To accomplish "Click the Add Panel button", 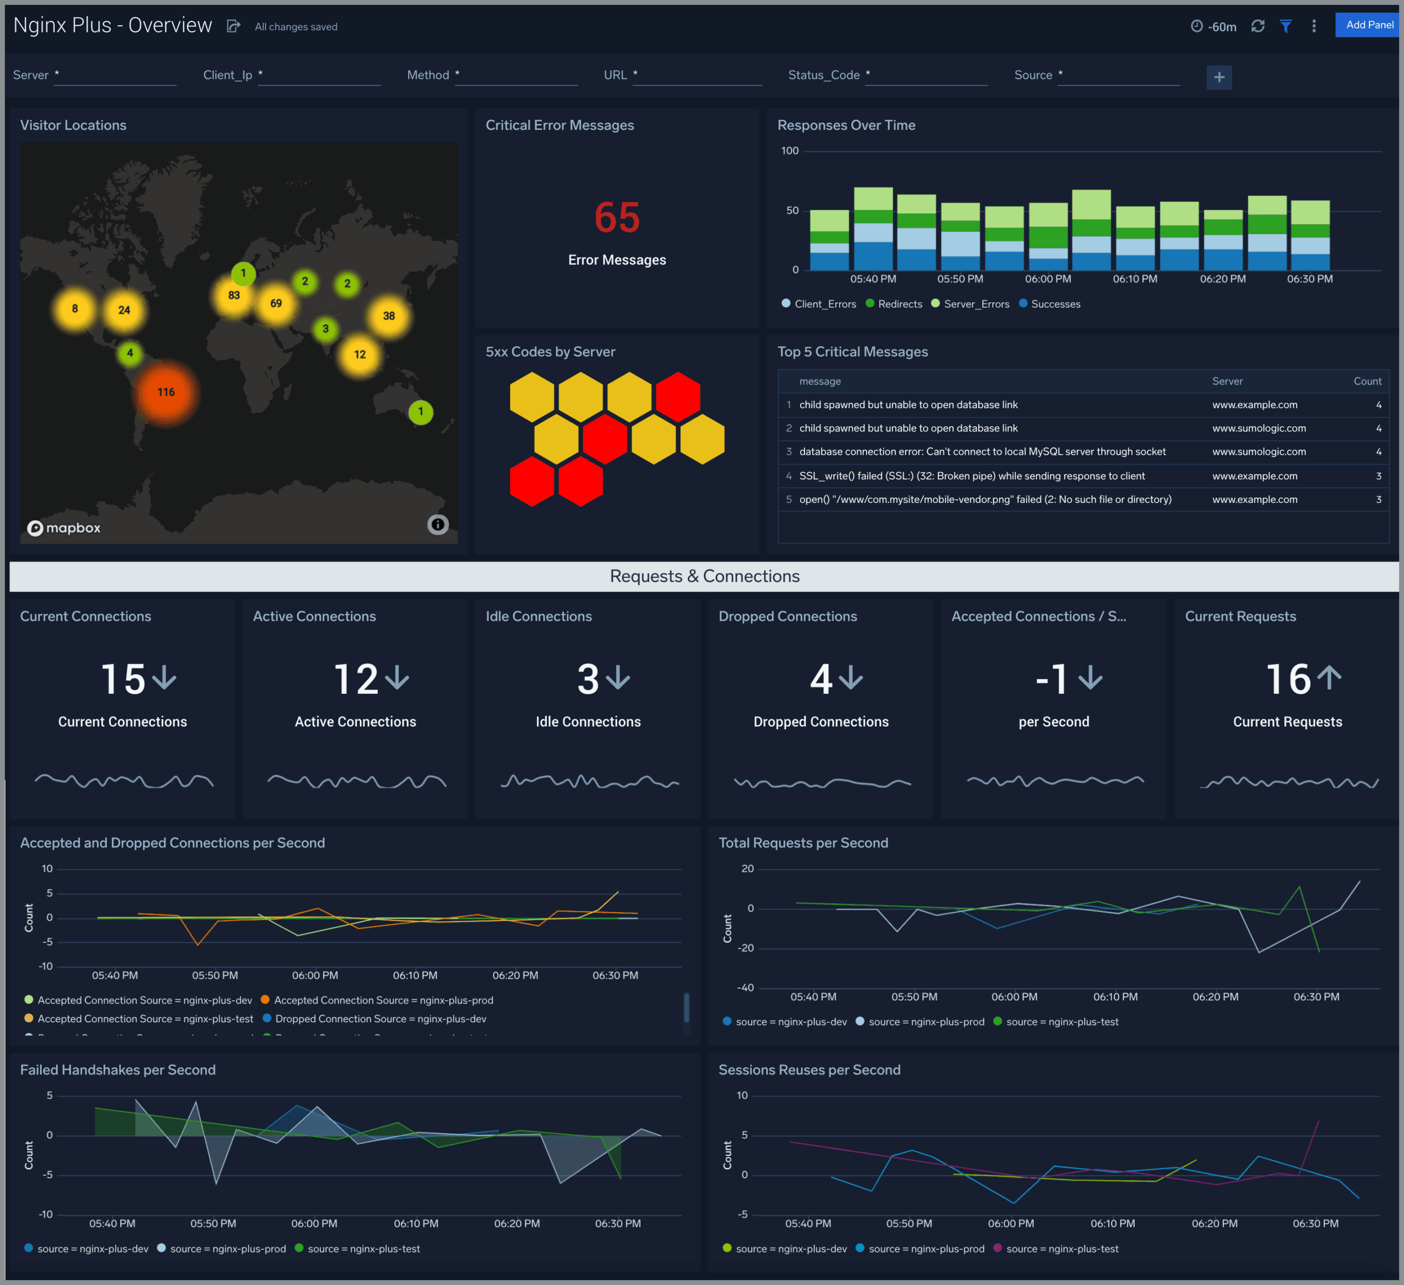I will pyautogui.click(x=1368, y=25).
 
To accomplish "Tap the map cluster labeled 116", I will pyautogui.click(x=166, y=392).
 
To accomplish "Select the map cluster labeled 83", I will pyautogui.click(x=234, y=295).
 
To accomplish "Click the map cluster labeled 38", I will pyautogui.click(x=389, y=316).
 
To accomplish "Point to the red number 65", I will pyautogui.click(x=616, y=217).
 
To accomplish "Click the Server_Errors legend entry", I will pyautogui.click(x=975, y=304).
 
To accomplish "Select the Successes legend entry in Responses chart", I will pyautogui.click(x=1055, y=304).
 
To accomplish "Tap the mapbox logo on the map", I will pyautogui.click(x=64, y=528).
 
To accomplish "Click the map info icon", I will pyautogui.click(x=437, y=524).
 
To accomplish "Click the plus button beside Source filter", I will pyautogui.click(x=1219, y=77).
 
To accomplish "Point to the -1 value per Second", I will pyautogui.click(x=1051, y=679).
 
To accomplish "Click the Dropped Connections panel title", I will pyautogui.click(x=787, y=616).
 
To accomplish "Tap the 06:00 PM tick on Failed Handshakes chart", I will pyautogui.click(x=314, y=1224).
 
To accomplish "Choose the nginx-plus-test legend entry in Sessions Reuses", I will pyautogui.click(x=1061, y=1249).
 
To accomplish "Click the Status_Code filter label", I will pyautogui.click(x=823, y=75).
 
